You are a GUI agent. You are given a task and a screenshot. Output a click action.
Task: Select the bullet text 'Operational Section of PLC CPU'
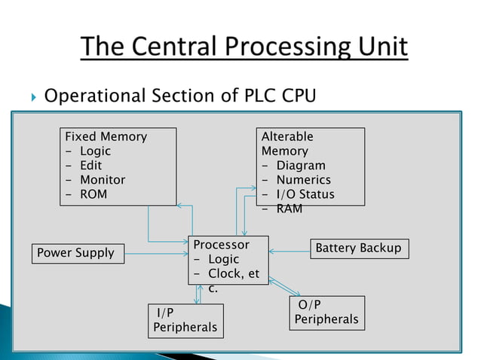coord(179,96)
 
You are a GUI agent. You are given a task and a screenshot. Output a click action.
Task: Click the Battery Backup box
coord(359,249)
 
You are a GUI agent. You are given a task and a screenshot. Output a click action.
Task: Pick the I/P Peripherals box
coord(185,320)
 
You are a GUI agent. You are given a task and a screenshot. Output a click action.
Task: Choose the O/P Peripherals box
coord(326,312)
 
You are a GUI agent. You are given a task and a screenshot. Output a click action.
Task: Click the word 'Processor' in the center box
coord(221,245)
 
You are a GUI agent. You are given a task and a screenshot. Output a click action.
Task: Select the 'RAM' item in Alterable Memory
coord(289,209)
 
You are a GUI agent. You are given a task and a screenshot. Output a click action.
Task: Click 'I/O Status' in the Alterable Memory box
coord(305,194)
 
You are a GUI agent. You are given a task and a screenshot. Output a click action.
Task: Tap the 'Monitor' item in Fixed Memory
coord(103,180)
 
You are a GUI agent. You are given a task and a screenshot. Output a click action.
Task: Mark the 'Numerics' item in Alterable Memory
coord(303,180)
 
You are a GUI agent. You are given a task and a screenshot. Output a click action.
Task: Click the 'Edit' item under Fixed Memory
coord(90,166)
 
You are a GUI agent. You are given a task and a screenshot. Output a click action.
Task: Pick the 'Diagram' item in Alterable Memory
coord(301,166)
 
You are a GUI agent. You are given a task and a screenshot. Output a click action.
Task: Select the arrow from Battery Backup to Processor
coord(290,250)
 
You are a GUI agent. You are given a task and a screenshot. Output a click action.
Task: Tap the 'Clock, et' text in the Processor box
coord(233,273)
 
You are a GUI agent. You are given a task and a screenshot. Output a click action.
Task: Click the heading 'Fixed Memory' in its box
coord(106,137)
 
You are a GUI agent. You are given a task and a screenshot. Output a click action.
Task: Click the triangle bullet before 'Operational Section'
coord(30,97)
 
